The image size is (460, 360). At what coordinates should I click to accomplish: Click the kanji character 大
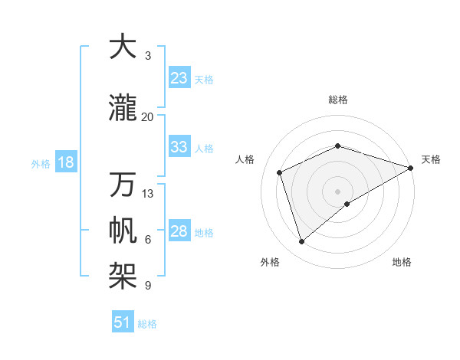(x=123, y=47)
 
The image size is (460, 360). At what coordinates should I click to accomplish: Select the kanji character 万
(x=123, y=185)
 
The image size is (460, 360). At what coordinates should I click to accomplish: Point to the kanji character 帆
(x=123, y=231)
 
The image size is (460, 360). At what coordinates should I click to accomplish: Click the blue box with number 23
(x=179, y=78)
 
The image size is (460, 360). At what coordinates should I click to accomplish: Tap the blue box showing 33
(x=179, y=147)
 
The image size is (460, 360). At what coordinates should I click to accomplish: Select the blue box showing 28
(x=179, y=231)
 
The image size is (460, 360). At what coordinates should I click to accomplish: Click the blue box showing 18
(x=65, y=162)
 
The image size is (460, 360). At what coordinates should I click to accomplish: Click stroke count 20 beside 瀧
(x=148, y=116)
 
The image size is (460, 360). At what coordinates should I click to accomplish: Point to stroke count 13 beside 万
(x=148, y=193)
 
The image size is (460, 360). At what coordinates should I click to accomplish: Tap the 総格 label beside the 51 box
(x=147, y=324)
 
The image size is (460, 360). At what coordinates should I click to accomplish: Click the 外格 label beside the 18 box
(x=41, y=163)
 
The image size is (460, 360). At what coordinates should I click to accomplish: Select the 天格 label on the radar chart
(x=431, y=159)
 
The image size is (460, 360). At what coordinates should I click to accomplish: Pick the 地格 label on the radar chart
(x=402, y=262)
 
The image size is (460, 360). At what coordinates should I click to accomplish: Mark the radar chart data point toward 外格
(x=301, y=242)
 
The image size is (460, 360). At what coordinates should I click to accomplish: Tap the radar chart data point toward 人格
(x=280, y=172)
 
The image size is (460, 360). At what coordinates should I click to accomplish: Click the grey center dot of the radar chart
(x=337, y=191)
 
